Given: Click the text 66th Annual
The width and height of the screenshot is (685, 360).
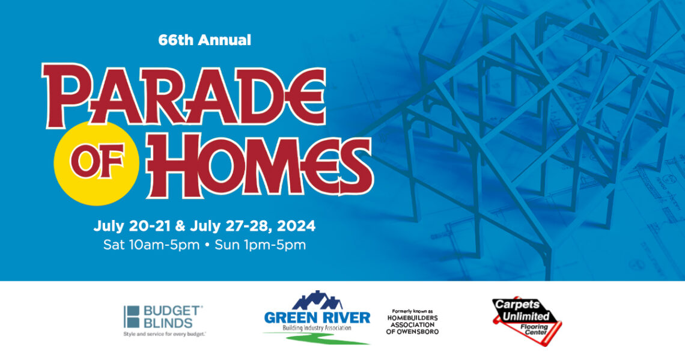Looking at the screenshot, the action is point(204,40).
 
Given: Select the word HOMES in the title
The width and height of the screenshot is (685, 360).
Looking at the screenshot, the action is point(260,166).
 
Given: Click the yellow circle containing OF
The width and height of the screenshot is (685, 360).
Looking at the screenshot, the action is point(97,163).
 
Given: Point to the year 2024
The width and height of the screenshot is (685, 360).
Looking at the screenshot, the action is point(296,226).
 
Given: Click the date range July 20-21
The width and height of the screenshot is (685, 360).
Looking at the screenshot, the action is point(132,227).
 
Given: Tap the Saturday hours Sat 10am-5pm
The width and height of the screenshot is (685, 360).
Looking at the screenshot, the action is point(151,245).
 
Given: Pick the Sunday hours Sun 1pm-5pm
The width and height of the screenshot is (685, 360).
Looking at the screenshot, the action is point(260,245).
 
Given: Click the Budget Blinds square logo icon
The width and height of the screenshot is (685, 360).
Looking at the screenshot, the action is point(132,317).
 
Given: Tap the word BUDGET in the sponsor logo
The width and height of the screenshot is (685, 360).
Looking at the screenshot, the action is point(171,311).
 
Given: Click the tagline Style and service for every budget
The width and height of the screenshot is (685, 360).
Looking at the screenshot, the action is point(164,334).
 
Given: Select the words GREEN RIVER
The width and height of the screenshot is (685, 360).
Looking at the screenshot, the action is point(317,317).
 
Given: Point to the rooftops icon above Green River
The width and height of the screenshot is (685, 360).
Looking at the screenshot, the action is point(317,300).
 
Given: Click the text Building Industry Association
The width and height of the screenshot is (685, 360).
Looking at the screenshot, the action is point(317,328).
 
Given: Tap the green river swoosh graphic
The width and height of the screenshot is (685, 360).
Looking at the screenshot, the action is point(316,338).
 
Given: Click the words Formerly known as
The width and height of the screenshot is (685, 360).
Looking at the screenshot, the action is point(412,311).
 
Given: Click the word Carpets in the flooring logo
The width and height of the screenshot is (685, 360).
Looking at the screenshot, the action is point(517,305).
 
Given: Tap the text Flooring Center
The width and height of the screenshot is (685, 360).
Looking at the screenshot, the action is point(535,329).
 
